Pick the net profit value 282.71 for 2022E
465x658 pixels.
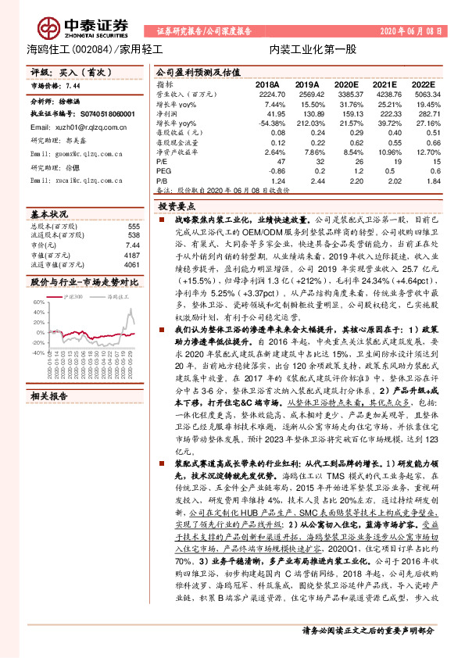coord(425,114)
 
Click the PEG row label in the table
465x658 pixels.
coord(163,170)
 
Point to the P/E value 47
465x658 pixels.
coord(274,160)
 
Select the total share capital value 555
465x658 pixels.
coord(134,226)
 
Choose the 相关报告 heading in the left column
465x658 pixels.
coord(50,395)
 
